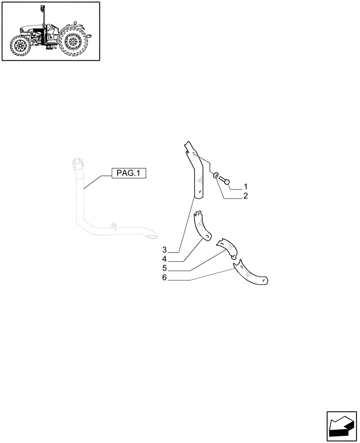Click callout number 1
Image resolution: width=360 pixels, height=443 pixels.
(245, 186)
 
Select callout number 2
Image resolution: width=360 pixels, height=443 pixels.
(245, 195)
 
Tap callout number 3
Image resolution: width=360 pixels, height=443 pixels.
(164, 249)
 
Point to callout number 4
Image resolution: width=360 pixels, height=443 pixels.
(164, 259)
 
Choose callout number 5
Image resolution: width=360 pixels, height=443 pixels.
(164, 268)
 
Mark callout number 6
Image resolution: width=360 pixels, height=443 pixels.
(164, 278)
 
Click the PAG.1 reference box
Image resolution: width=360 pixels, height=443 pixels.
(128, 173)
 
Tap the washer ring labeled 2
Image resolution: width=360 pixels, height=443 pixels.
(215, 176)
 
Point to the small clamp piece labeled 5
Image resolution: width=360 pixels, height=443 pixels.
(227, 246)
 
